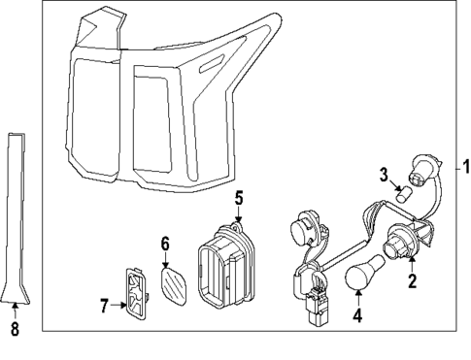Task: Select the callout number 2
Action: pyautogui.click(x=412, y=282)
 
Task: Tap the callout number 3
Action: pyautogui.click(x=384, y=175)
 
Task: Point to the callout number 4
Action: pyautogui.click(x=356, y=315)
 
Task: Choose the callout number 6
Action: pyautogui.click(x=165, y=243)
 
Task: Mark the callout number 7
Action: pyautogui.click(x=105, y=306)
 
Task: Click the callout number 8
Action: pyautogui.click(x=14, y=328)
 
